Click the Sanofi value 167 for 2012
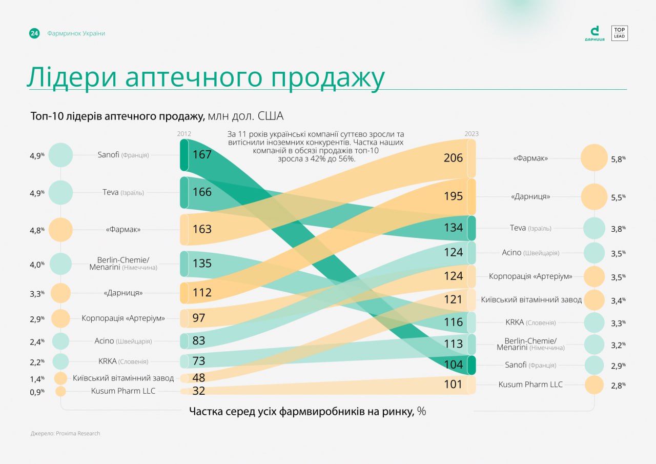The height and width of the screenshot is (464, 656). pyautogui.click(x=202, y=154)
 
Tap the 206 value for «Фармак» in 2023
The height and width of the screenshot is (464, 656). pyautogui.click(x=453, y=158)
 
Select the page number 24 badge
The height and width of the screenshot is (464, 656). pyautogui.click(x=34, y=33)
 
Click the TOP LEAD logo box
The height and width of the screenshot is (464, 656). pyautogui.click(x=620, y=33)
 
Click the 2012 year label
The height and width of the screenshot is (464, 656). pyautogui.click(x=184, y=134)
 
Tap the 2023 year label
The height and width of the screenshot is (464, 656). pyautogui.click(x=471, y=134)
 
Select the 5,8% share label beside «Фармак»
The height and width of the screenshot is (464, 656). pyautogui.click(x=618, y=159)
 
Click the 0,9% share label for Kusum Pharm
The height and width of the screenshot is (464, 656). pyautogui.click(x=37, y=391)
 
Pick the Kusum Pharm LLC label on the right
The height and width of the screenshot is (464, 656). pyautogui.click(x=530, y=385)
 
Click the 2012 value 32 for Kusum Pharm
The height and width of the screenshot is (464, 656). pyautogui.click(x=199, y=391)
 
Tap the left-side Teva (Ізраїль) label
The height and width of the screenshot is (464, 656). pyautogui.click(x=123, y=193)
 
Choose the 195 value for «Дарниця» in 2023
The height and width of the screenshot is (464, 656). pyautogui.click(x=453, y=196)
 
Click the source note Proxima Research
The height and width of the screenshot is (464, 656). pyautogui.click(x=65, y=433)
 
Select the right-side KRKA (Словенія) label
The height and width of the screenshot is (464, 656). pyautogui.click(x=530, y=322)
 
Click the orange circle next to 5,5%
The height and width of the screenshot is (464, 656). pyautogui.click(x=594, y=197)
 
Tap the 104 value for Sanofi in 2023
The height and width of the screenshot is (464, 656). pyautogui.click(x=453, y=365)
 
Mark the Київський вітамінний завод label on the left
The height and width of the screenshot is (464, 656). pyautogui.click(x=124, y=378)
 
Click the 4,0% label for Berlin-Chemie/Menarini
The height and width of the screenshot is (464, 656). pyautogui.click(x=37, y=264)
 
